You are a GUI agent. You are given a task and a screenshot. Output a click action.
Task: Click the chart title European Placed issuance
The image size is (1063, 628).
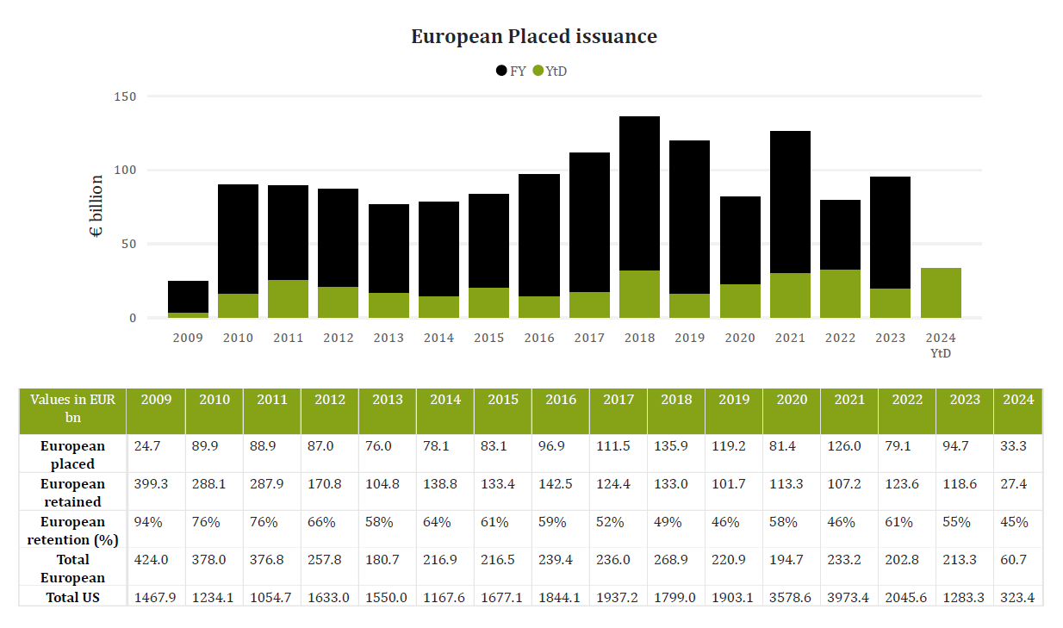click(533, 36)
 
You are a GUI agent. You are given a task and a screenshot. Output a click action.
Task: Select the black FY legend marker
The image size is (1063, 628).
click(501, 71)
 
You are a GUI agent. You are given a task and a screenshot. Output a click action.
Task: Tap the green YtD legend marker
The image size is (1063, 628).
click(538, 71)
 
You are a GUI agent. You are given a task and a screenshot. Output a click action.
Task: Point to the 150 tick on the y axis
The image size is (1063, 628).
click(125, 96)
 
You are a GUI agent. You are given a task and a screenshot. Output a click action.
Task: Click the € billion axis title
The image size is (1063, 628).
click(96, 207)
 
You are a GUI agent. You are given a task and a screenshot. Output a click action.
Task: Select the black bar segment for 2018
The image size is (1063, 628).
click(639, 194)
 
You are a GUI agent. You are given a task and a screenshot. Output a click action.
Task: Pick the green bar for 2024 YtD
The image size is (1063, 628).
click(941, 293)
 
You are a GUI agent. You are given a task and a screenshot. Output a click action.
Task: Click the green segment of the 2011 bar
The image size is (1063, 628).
click(288, 299)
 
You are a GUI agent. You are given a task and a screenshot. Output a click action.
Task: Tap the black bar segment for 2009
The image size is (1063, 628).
click(188, 297)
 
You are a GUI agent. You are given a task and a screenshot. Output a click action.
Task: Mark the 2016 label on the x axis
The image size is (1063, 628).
click(539, 338)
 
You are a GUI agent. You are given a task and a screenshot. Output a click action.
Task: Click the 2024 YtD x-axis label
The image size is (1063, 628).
click(941, 345)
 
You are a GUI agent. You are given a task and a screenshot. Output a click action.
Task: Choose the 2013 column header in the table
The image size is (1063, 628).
click(387, 400)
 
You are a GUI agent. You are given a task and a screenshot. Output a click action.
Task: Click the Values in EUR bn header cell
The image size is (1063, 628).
click(72, 408)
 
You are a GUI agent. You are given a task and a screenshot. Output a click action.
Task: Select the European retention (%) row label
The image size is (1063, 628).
click(72, 530)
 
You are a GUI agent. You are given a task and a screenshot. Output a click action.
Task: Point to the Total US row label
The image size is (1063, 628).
click(72, 597)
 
